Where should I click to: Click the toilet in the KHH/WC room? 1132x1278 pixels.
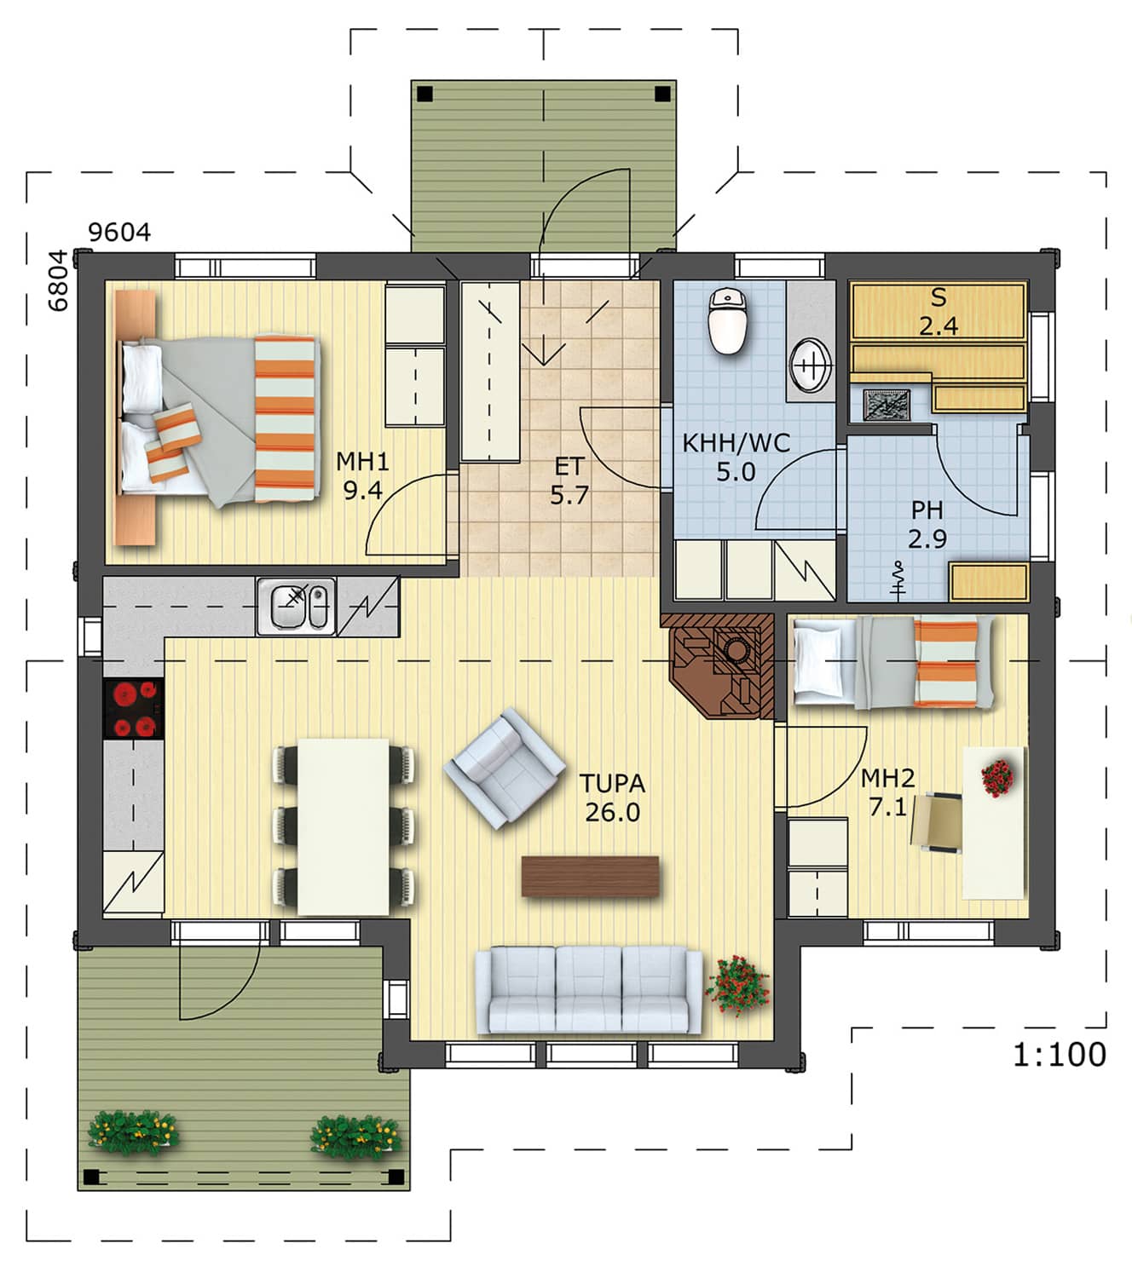(728, 319)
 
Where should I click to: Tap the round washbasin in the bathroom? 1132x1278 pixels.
(810, 366)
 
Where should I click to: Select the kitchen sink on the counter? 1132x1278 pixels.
(296, 607)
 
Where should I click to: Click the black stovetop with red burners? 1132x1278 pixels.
(134, 708)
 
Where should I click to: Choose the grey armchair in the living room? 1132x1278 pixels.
(504, 768)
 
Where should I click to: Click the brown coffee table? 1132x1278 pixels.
(590, 876)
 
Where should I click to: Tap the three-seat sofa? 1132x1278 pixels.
(589, 989)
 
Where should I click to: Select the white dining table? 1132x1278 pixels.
(344, 826)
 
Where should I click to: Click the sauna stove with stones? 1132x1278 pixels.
(887, 405)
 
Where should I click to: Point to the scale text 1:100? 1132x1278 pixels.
(1059, 1054)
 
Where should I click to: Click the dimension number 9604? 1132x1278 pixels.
(119, 233)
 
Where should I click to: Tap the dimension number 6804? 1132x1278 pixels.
(58, 280)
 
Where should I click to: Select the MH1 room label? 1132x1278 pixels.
(362, 462)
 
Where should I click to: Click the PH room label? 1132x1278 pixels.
(927, 509)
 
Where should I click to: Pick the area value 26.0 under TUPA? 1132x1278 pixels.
(612, 813)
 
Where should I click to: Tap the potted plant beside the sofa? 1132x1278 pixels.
(738, 985)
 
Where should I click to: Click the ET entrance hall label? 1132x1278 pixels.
(568, 467)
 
